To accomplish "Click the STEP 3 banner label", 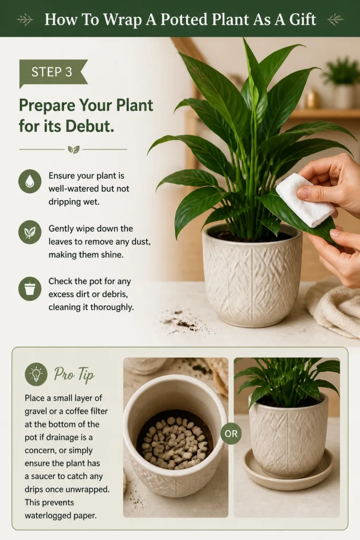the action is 52,72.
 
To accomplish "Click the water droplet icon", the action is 30,181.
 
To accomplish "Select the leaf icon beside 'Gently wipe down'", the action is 30,233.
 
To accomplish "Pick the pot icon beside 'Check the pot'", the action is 30,288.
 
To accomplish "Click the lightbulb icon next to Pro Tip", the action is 36,374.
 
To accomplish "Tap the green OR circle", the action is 231,433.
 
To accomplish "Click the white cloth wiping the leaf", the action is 305,200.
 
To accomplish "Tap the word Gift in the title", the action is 303,20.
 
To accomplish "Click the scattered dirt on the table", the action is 184,322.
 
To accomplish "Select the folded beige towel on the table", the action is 334,308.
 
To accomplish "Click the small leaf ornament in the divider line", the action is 73,149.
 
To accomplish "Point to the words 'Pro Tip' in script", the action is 74,374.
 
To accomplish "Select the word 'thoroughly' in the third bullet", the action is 112,307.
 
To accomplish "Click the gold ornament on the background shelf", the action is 312,99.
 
